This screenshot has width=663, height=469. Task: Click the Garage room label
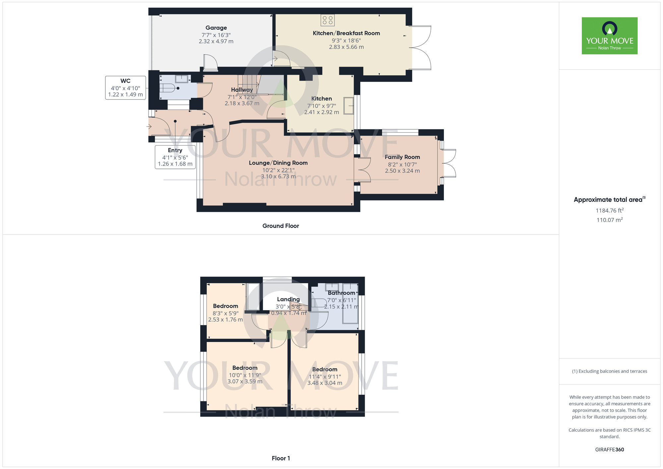pos(216,28)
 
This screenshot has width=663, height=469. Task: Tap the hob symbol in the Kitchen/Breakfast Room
pos(328,20)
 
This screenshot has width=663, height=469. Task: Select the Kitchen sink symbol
pos(349,106)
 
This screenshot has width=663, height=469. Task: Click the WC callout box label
pos(125,81)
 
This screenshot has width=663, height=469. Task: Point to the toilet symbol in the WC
pos(168,89)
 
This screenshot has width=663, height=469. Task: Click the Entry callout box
pos(175,157)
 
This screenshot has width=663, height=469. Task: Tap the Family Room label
pos(402,157)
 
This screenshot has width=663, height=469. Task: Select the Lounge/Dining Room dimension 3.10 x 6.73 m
pos(278,176)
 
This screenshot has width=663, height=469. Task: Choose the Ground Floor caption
pos(280,226)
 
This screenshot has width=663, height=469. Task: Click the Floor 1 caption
pos(281,458)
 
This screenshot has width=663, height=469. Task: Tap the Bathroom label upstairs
pos(341,293)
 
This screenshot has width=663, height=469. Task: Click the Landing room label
pos(288,299)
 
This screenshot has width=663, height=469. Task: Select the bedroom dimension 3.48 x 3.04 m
pos(325,383)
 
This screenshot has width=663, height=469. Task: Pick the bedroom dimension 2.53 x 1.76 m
pos(225,320)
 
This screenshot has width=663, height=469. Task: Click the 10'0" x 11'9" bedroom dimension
pos(245,375)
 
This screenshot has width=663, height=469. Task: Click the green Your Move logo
pos(609,36)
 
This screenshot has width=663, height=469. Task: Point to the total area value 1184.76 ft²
pos(609,211)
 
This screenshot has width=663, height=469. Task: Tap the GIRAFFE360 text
pos(609,450)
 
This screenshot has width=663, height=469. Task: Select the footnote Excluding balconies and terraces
pos(609,371)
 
